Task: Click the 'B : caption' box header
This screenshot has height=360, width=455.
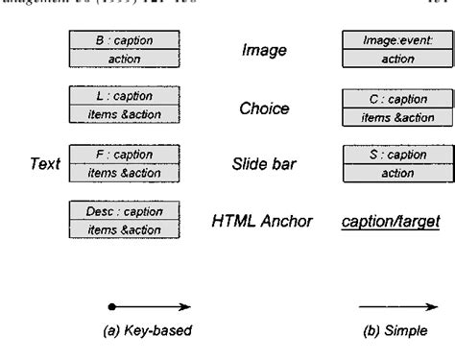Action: [x=125, y=40]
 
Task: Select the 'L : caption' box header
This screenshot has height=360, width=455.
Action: [x=125, y=97]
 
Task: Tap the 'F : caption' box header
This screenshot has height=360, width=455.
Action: [x=125, y=154]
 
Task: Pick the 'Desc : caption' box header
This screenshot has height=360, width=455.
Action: [x=125, y=210]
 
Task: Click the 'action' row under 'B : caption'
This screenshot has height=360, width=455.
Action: [x=125, y=58]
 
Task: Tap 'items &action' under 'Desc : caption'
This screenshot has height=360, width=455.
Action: [x=125, y=228]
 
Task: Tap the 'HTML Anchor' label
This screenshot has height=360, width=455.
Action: [x=262, y=222]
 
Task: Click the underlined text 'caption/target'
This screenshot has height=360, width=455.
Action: [x=392, y=222]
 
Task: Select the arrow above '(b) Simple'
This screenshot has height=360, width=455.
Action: [x=393, y=306]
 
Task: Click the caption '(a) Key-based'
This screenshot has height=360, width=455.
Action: [x=148, y=331]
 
